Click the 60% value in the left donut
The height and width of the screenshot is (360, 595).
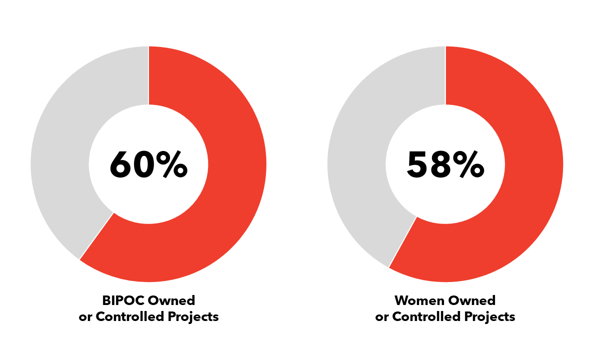(x=148, y=164)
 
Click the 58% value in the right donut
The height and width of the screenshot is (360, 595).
(x=445, y=164)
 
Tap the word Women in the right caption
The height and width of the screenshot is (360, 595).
(x=418, y=300)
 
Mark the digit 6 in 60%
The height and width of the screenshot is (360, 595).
(x=121, y=164)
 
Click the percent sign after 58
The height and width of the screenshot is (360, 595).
(x=469, y=164)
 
